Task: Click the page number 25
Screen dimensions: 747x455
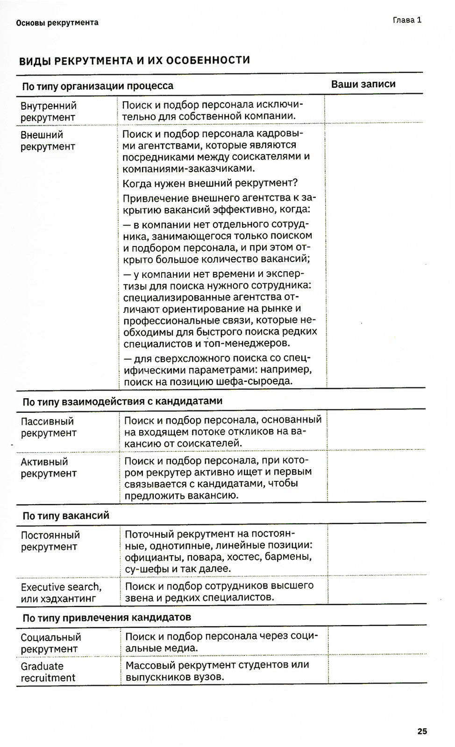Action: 422,731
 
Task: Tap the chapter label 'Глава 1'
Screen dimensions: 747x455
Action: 407,20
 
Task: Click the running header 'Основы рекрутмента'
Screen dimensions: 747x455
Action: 57,22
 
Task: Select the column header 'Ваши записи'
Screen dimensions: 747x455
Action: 363,84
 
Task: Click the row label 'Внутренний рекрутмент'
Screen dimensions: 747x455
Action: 49,112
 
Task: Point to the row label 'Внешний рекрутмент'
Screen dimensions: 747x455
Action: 48,141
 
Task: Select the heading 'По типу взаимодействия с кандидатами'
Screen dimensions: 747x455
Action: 122,401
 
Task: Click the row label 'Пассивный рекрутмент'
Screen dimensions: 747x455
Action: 48,427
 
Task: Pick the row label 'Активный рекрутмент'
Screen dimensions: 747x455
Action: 48,467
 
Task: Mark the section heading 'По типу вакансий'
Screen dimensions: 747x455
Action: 66,515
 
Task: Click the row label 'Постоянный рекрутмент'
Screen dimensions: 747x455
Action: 50,541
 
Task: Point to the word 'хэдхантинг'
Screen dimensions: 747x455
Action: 70,599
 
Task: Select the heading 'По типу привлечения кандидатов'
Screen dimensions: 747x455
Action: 107,618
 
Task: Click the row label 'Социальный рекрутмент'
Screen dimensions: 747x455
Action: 50,643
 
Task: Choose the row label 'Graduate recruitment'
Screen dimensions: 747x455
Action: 48,672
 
